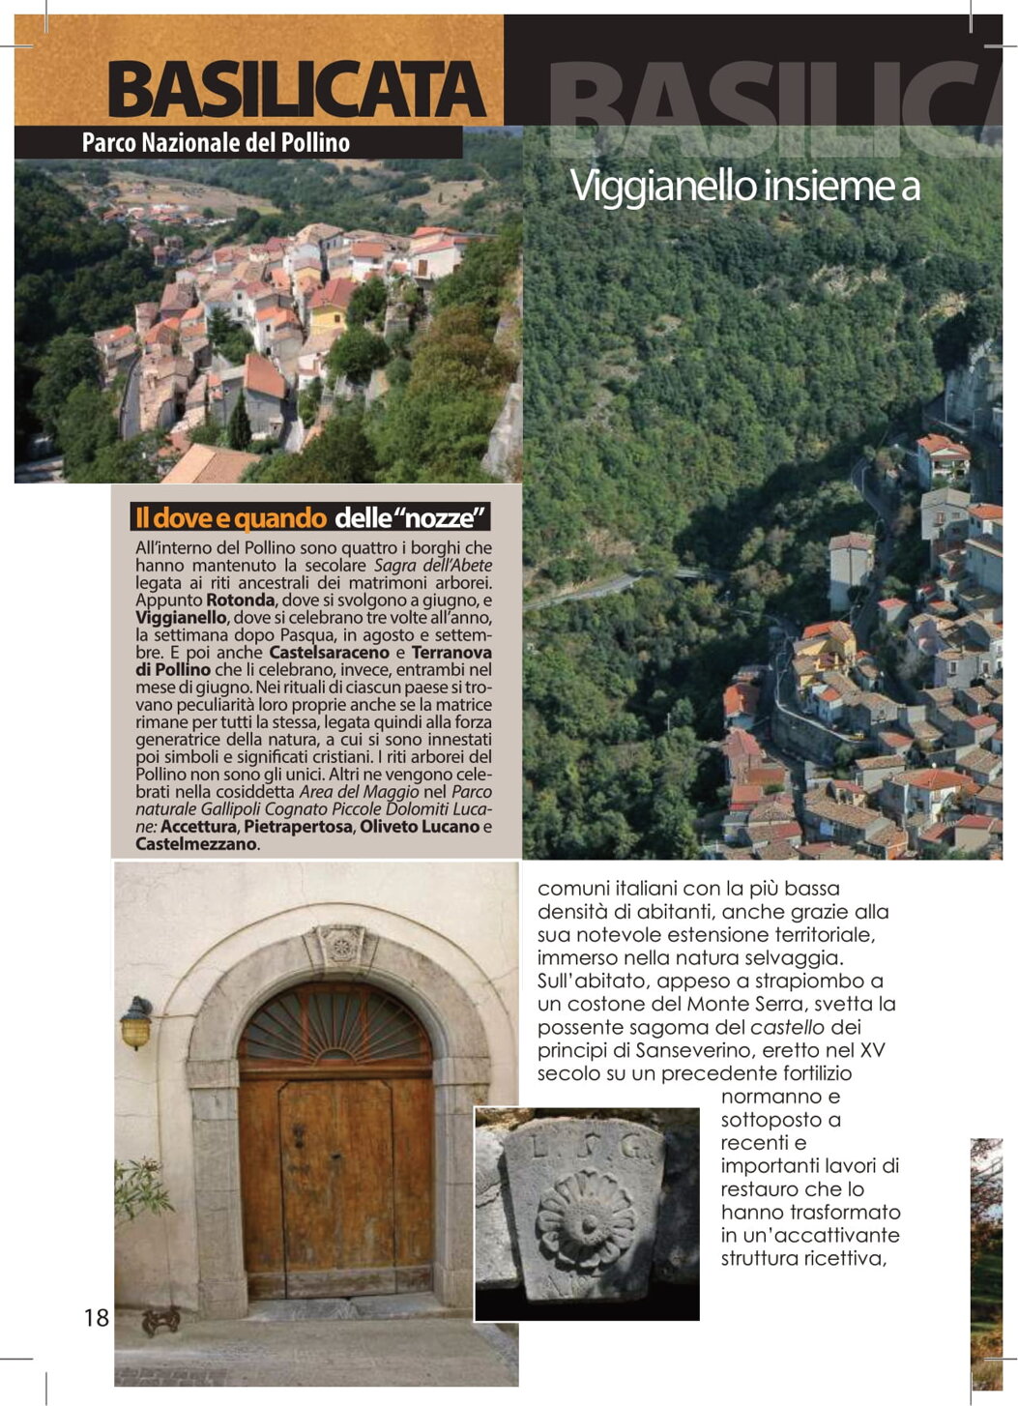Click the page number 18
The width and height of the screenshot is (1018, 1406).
click(x=97, y=1317)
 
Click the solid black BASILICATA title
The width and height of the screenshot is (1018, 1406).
click(x=297, y=90)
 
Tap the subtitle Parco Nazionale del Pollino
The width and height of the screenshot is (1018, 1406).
click(x=216, y=143)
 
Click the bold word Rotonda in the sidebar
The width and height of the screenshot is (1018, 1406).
click(x=241, y=600)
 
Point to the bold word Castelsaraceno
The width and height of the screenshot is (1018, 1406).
click(x=329, y=652)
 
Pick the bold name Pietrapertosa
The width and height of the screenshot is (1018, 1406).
click(x=298, y=826)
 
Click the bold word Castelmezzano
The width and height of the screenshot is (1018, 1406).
click(x=196, y=843)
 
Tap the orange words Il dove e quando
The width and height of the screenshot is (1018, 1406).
click(x=230, y=517)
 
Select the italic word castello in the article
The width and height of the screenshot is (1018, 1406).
click(x=788, y=1027)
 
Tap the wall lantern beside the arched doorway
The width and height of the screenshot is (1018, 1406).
click(x=136, y=1023)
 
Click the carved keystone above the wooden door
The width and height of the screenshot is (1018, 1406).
click(x=339, y=945)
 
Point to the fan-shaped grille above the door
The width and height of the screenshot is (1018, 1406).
click(x=334, y=1026)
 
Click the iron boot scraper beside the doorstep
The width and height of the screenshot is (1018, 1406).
click(x=160, y=1320)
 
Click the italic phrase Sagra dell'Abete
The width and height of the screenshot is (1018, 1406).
click(x=433, y=565)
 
